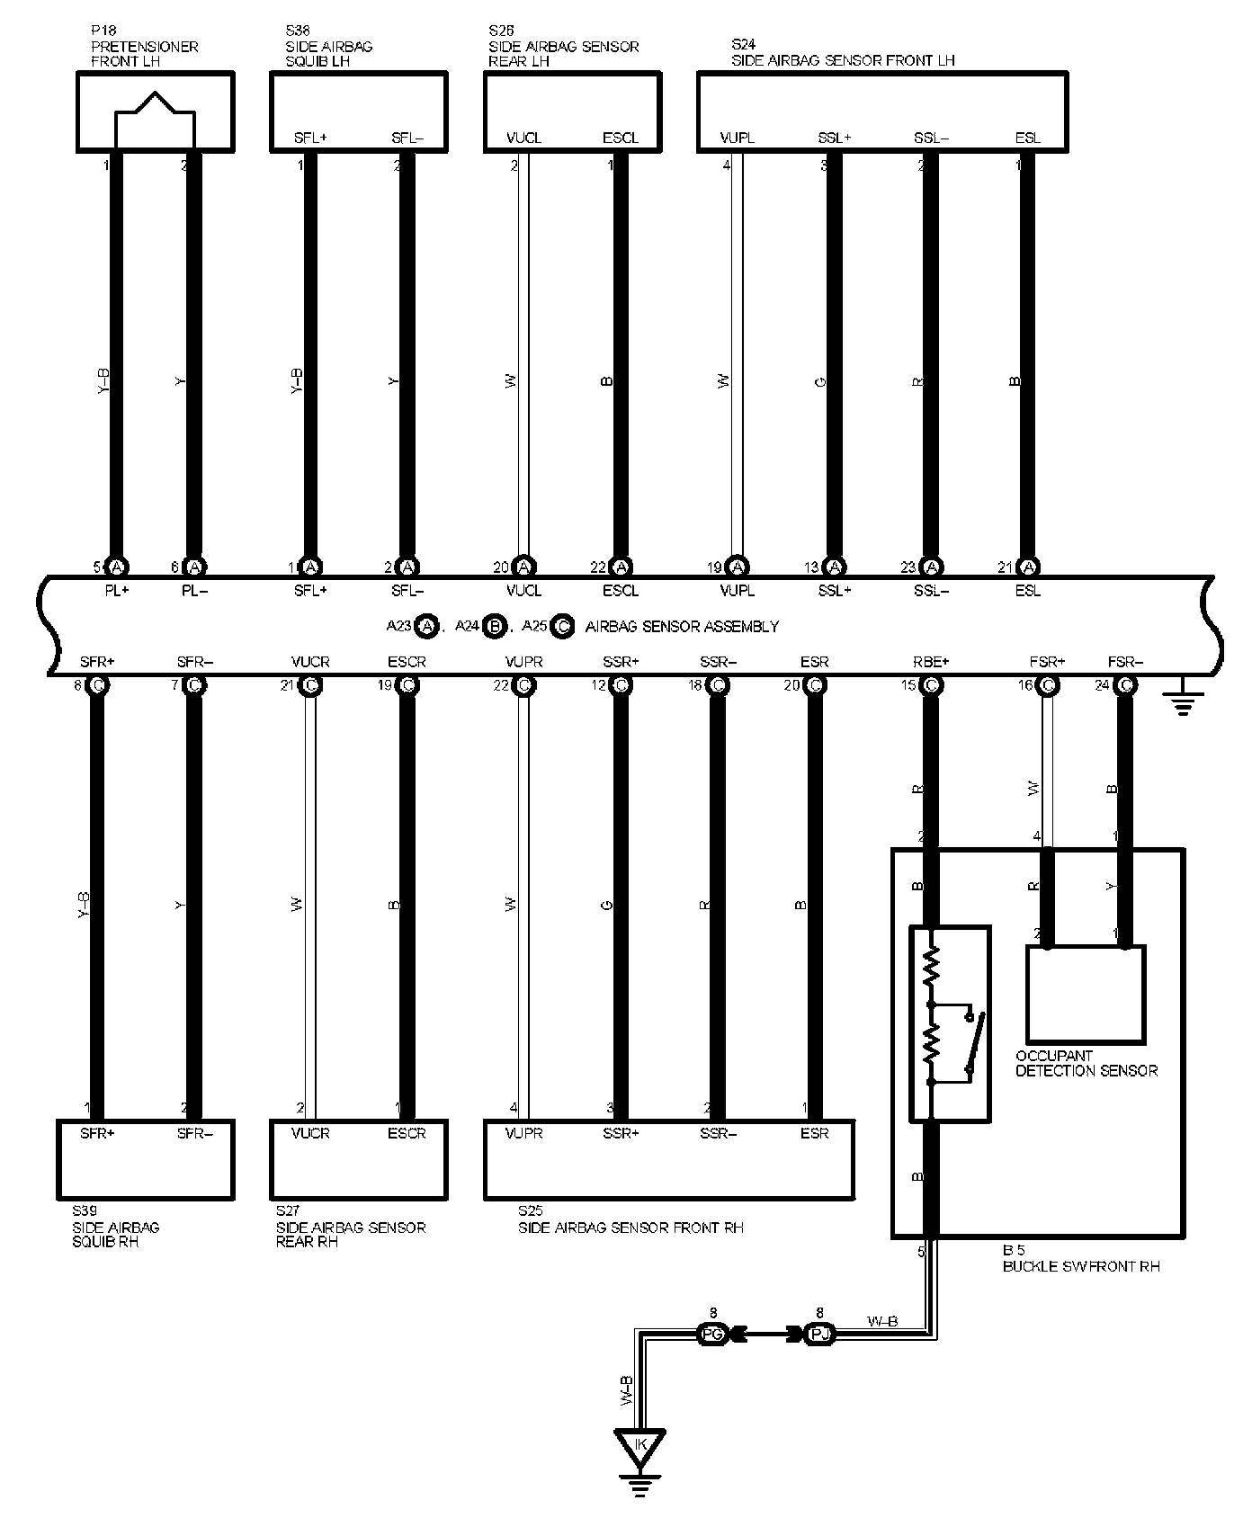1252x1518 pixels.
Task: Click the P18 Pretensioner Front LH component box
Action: pos(155,111)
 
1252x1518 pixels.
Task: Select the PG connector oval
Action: pos(711,1335)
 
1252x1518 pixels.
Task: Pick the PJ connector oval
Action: pos(818,1335)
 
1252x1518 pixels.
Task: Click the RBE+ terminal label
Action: pos(930,663)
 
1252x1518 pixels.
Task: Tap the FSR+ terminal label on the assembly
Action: pos(1047,663)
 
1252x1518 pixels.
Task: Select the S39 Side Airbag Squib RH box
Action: pos(145,1159)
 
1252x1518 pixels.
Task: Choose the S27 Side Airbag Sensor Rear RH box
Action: pos(358,1159)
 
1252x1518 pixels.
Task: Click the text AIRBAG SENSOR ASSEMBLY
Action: pos(682,626)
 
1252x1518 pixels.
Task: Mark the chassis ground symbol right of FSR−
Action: pos(1182,701)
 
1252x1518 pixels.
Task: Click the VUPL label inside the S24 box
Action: pos(738,138)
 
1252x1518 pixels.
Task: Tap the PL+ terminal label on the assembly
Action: pos(116,591)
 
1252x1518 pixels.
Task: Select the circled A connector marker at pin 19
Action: pos(738,567)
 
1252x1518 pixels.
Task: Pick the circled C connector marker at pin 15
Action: pos(931,685)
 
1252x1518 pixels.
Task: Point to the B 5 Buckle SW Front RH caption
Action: pos(1080,1258)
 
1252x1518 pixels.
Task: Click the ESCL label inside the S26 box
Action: pos(620,138)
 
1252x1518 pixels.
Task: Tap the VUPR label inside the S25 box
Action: pos(523,1133)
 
